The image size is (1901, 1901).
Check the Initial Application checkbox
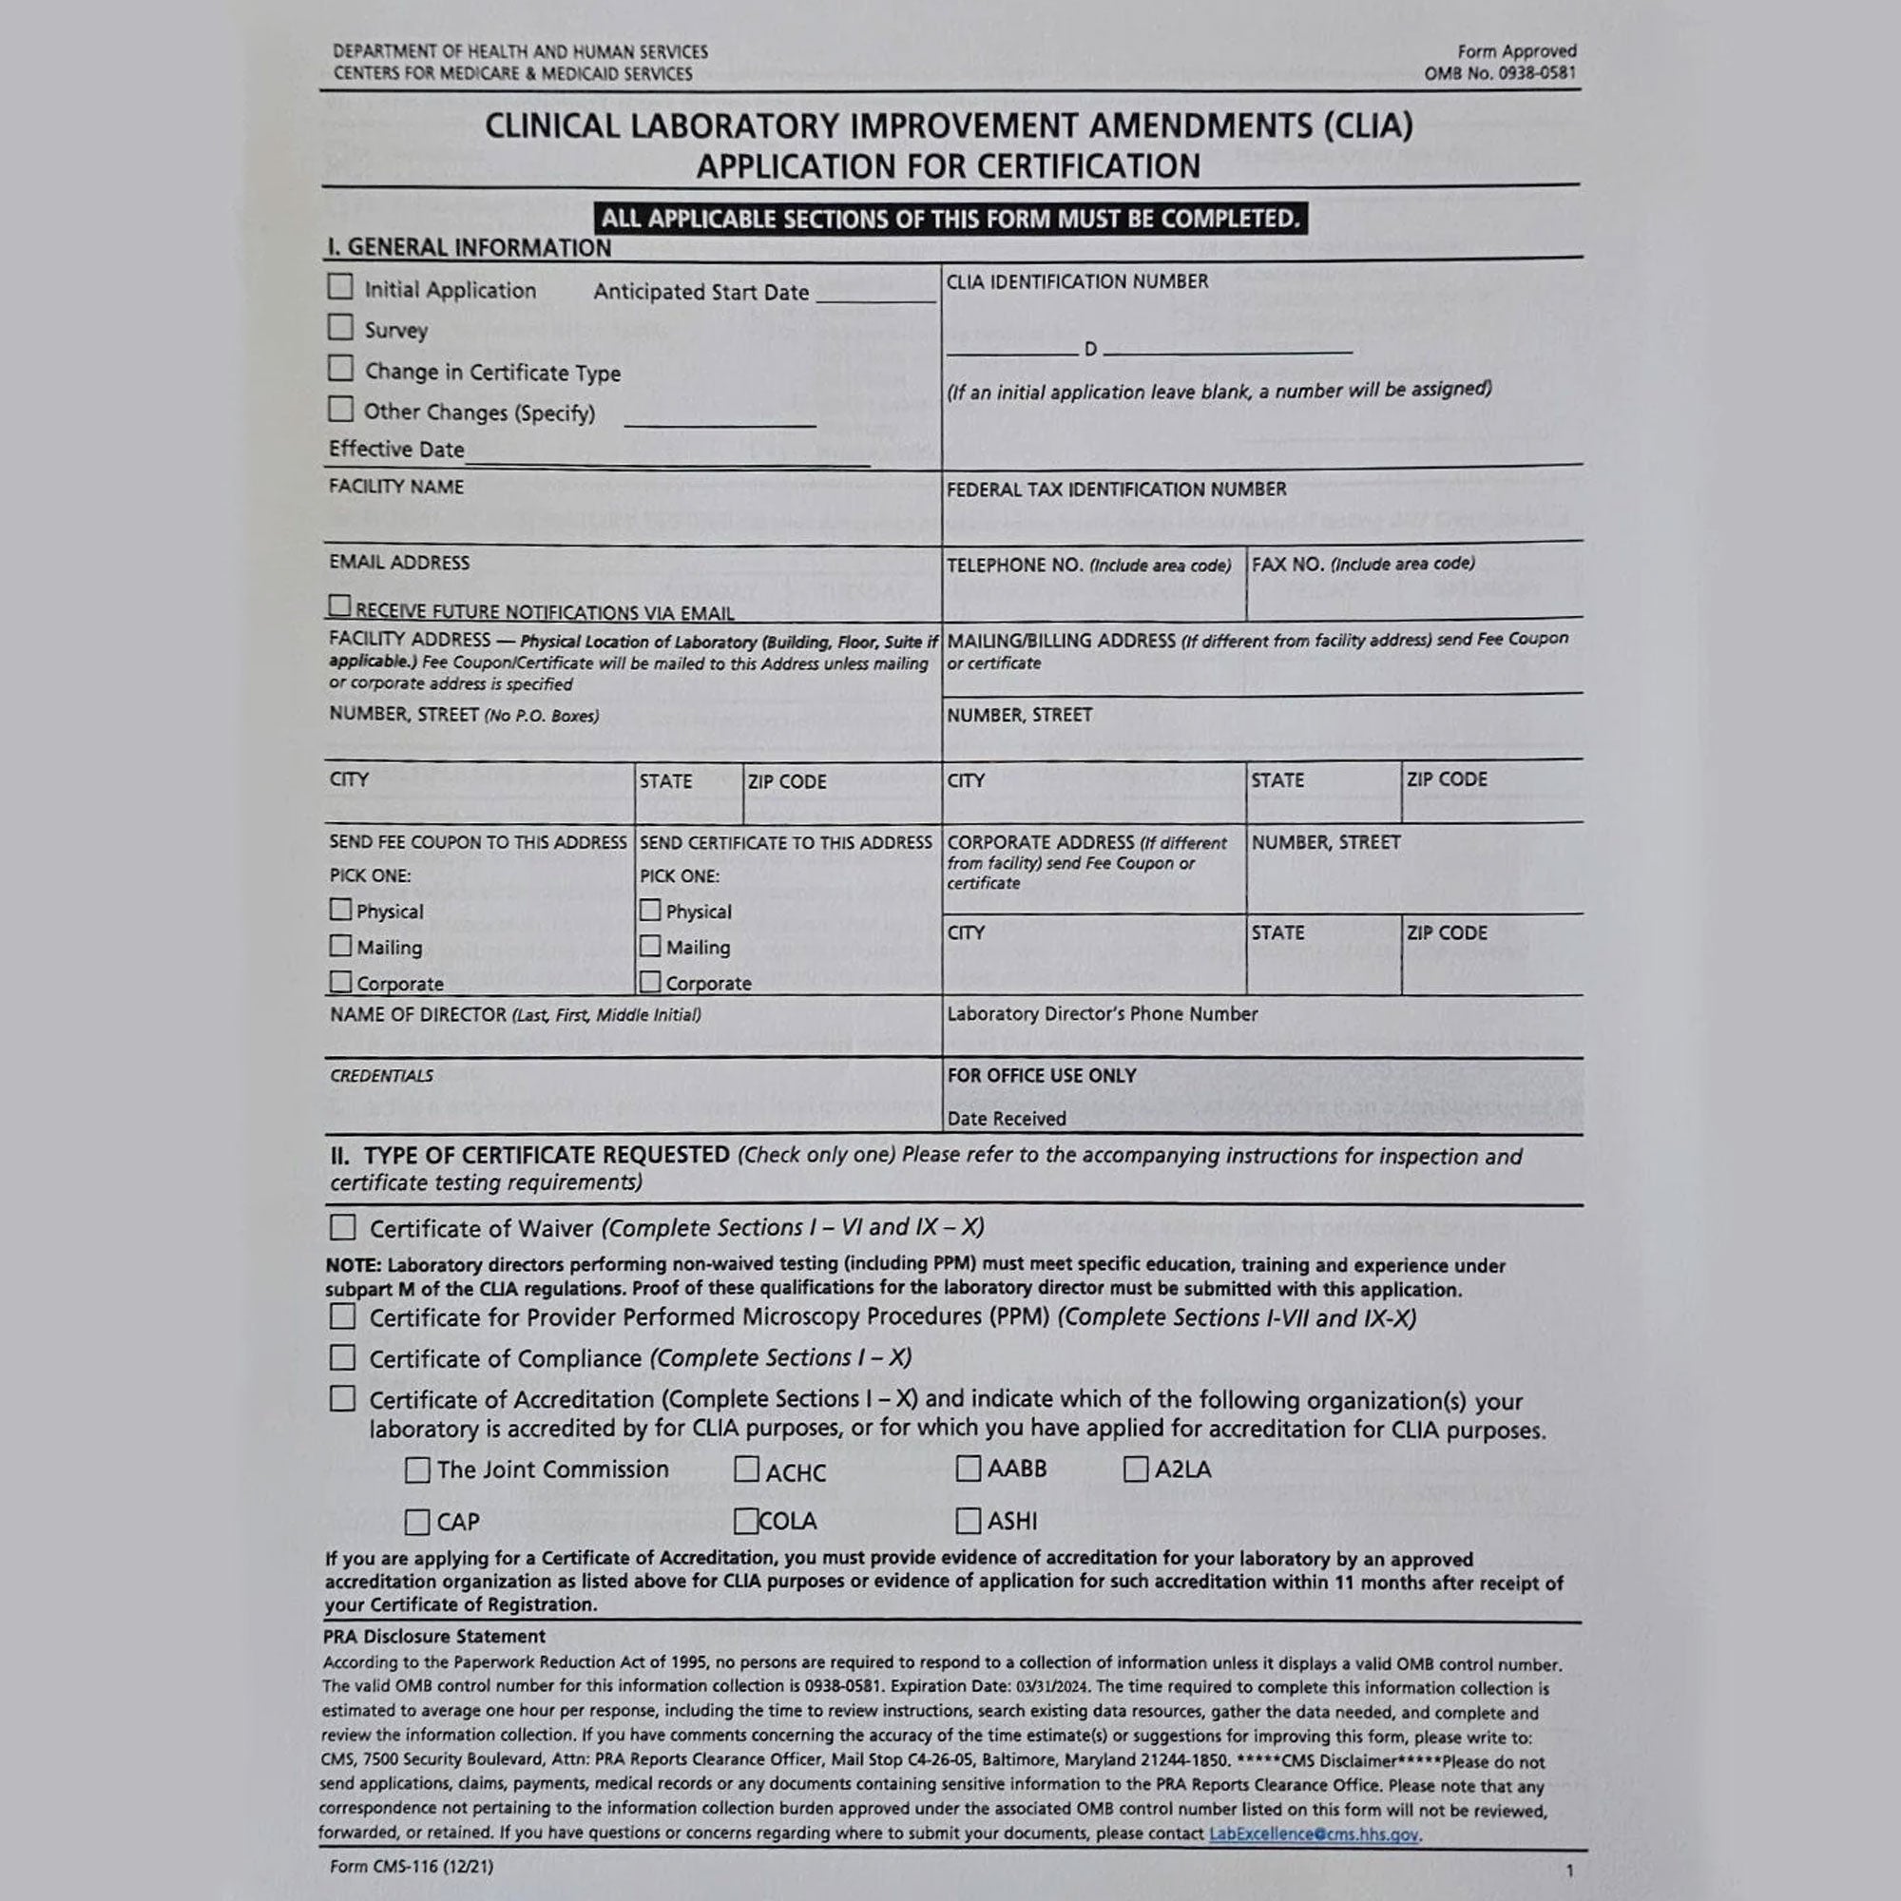click(x=340, y=286)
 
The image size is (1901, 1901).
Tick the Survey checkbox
click(x=340, y=327)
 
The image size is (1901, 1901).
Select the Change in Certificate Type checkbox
click(x=340, y=368)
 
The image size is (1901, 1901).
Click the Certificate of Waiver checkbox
click(x=342, y=1227)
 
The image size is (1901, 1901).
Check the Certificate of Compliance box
click(x=342, y=1357)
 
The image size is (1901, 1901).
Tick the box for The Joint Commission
click(x=417, y=1470)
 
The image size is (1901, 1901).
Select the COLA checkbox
click(x=746, y=1521)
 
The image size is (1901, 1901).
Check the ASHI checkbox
click(x=969, y=1521)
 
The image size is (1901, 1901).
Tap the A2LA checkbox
click(x=1136, y=1469)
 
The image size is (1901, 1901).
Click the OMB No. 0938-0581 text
click(x=1500, y=73)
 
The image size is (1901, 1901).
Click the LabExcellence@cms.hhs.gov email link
click(x=1314, y=1834)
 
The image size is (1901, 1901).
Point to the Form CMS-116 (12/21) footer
click(x=412, y=1867)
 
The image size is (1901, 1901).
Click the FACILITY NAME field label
click(x=395, y=486)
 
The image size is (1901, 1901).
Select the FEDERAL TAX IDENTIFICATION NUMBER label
click(x=1116, y=489)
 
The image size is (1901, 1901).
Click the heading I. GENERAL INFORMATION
click(x=470, y=247)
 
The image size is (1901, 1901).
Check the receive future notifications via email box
click(x=339, y=605)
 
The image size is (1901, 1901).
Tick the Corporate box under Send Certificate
click(x=649, y=981)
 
